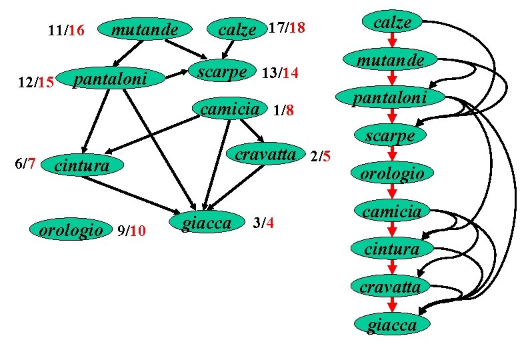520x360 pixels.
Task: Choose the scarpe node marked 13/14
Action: point(223,71)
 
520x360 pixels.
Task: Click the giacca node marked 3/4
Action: point(206,222)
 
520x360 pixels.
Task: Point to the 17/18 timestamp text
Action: point(286,29)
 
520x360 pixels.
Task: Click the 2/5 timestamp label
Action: point(320,157)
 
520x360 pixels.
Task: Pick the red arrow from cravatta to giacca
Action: point(393,305)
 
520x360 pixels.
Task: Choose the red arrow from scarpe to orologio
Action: point(393,155)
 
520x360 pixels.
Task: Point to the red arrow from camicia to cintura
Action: point(393,230)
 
